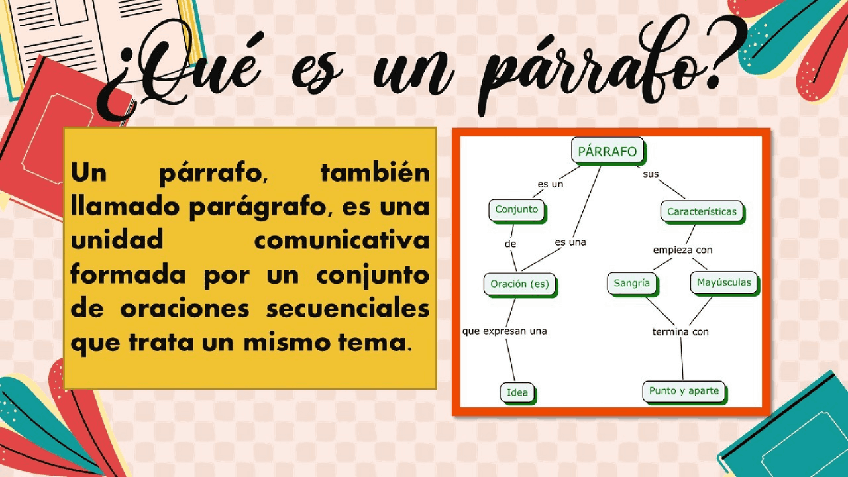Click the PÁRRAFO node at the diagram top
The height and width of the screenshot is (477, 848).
tap(607, 152)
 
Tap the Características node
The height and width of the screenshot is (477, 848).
tap(702, 212)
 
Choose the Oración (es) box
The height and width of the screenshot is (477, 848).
tap(519, 284)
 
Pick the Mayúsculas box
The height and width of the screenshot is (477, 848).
tap(723, 283)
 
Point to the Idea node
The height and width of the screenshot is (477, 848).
tap(517, 392)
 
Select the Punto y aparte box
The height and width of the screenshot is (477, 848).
tap(684, 391)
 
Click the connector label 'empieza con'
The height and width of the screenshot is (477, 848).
tap(682, 250)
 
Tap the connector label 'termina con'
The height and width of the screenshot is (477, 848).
tap(680, 331)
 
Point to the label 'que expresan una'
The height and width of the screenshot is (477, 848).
tap(504, 331)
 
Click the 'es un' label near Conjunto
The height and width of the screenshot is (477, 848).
tap(550, 184)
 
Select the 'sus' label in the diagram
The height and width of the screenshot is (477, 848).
tap(651, 174)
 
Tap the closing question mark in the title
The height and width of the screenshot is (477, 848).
tap(722, 63)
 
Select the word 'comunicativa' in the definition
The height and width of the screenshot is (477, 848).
tap(341, 241)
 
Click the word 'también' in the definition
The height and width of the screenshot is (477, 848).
tap(374, 174)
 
